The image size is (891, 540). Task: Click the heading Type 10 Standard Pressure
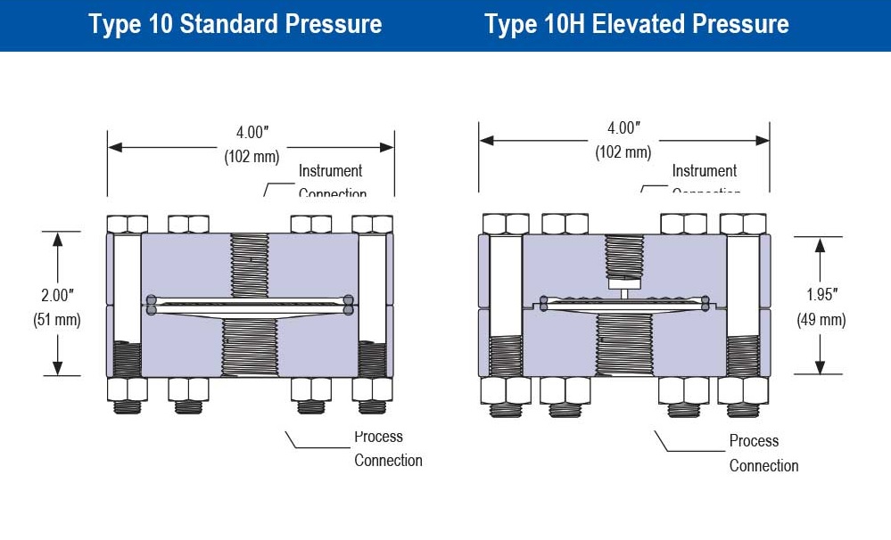point(235,24)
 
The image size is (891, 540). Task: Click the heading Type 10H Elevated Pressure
point(636,24)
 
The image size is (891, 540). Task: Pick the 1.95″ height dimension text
point(820,296)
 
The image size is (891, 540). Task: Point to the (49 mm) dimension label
point(821,320)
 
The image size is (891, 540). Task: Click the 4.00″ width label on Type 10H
point(623,128)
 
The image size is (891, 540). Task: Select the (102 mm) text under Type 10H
point(623,152)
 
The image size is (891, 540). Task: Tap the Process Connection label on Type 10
point(387,448)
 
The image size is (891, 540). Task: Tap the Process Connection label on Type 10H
point(763,453)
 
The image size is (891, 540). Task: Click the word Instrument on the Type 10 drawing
point(330,171)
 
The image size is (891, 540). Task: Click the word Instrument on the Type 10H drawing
point(704,171)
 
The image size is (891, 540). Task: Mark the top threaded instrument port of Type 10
point(250,264)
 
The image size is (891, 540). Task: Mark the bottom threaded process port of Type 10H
point(623,343)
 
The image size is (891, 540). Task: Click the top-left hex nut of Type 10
point(127,223)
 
